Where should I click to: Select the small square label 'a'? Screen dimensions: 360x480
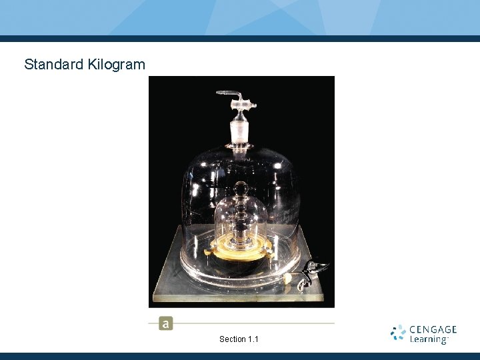(165, 324)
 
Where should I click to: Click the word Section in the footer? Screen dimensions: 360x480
(232, 339)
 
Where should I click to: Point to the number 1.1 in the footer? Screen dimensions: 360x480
(253, 339)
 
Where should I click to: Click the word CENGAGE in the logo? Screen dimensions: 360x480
(433, 329)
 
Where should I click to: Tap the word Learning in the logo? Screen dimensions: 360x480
(429, 339)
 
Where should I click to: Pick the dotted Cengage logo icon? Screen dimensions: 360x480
(399, 333)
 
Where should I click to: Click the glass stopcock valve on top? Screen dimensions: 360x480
(243, 103)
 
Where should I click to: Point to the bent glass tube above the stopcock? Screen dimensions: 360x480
(228, 93)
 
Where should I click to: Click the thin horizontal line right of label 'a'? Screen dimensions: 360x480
(253, 323)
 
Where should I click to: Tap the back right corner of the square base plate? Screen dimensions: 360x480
(307, 227)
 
